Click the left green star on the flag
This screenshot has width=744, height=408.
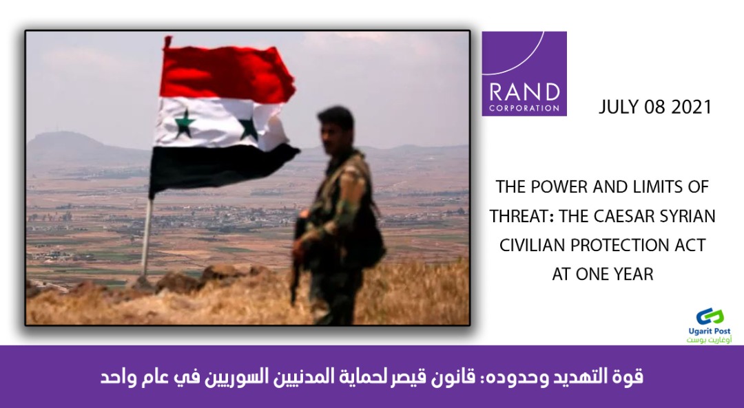[184, 123]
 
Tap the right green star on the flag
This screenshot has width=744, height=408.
[249, 129]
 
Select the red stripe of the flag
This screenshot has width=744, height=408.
[227, 73]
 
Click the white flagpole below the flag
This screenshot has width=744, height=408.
[146, 237]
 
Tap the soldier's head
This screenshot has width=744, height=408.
[336, 127]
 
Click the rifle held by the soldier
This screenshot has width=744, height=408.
[296, 256]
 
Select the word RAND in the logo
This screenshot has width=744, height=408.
[524, 93]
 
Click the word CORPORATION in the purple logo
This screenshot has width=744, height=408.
[524, 108]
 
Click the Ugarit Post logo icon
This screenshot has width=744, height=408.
[710, 317]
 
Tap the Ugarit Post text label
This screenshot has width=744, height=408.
[710, 331]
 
